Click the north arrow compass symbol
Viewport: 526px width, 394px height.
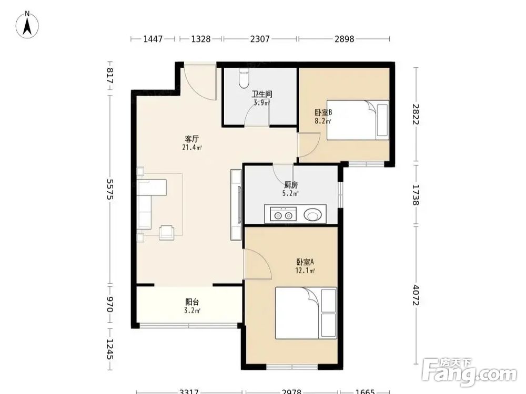(27, 25)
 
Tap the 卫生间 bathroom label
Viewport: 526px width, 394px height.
(261, 94)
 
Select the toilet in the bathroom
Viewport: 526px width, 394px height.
(244, 79)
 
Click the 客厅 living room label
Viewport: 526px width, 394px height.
(192, 138)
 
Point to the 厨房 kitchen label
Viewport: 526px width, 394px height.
(291, 184)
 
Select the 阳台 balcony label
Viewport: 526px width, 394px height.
(192, 302)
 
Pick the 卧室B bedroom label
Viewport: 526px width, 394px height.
(323, 112)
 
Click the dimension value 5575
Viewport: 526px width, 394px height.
(110, 189)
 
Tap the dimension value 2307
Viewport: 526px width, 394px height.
(260, 39)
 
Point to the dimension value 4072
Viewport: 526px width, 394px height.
(416, 295)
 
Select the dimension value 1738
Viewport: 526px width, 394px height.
(416, 195)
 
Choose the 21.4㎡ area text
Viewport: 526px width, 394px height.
(192, 148)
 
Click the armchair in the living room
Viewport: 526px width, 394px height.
(167, 232)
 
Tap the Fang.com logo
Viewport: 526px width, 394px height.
(469, 372)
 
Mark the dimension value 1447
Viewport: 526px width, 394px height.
(153, 39)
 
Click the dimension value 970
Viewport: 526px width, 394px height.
(110, 304)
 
